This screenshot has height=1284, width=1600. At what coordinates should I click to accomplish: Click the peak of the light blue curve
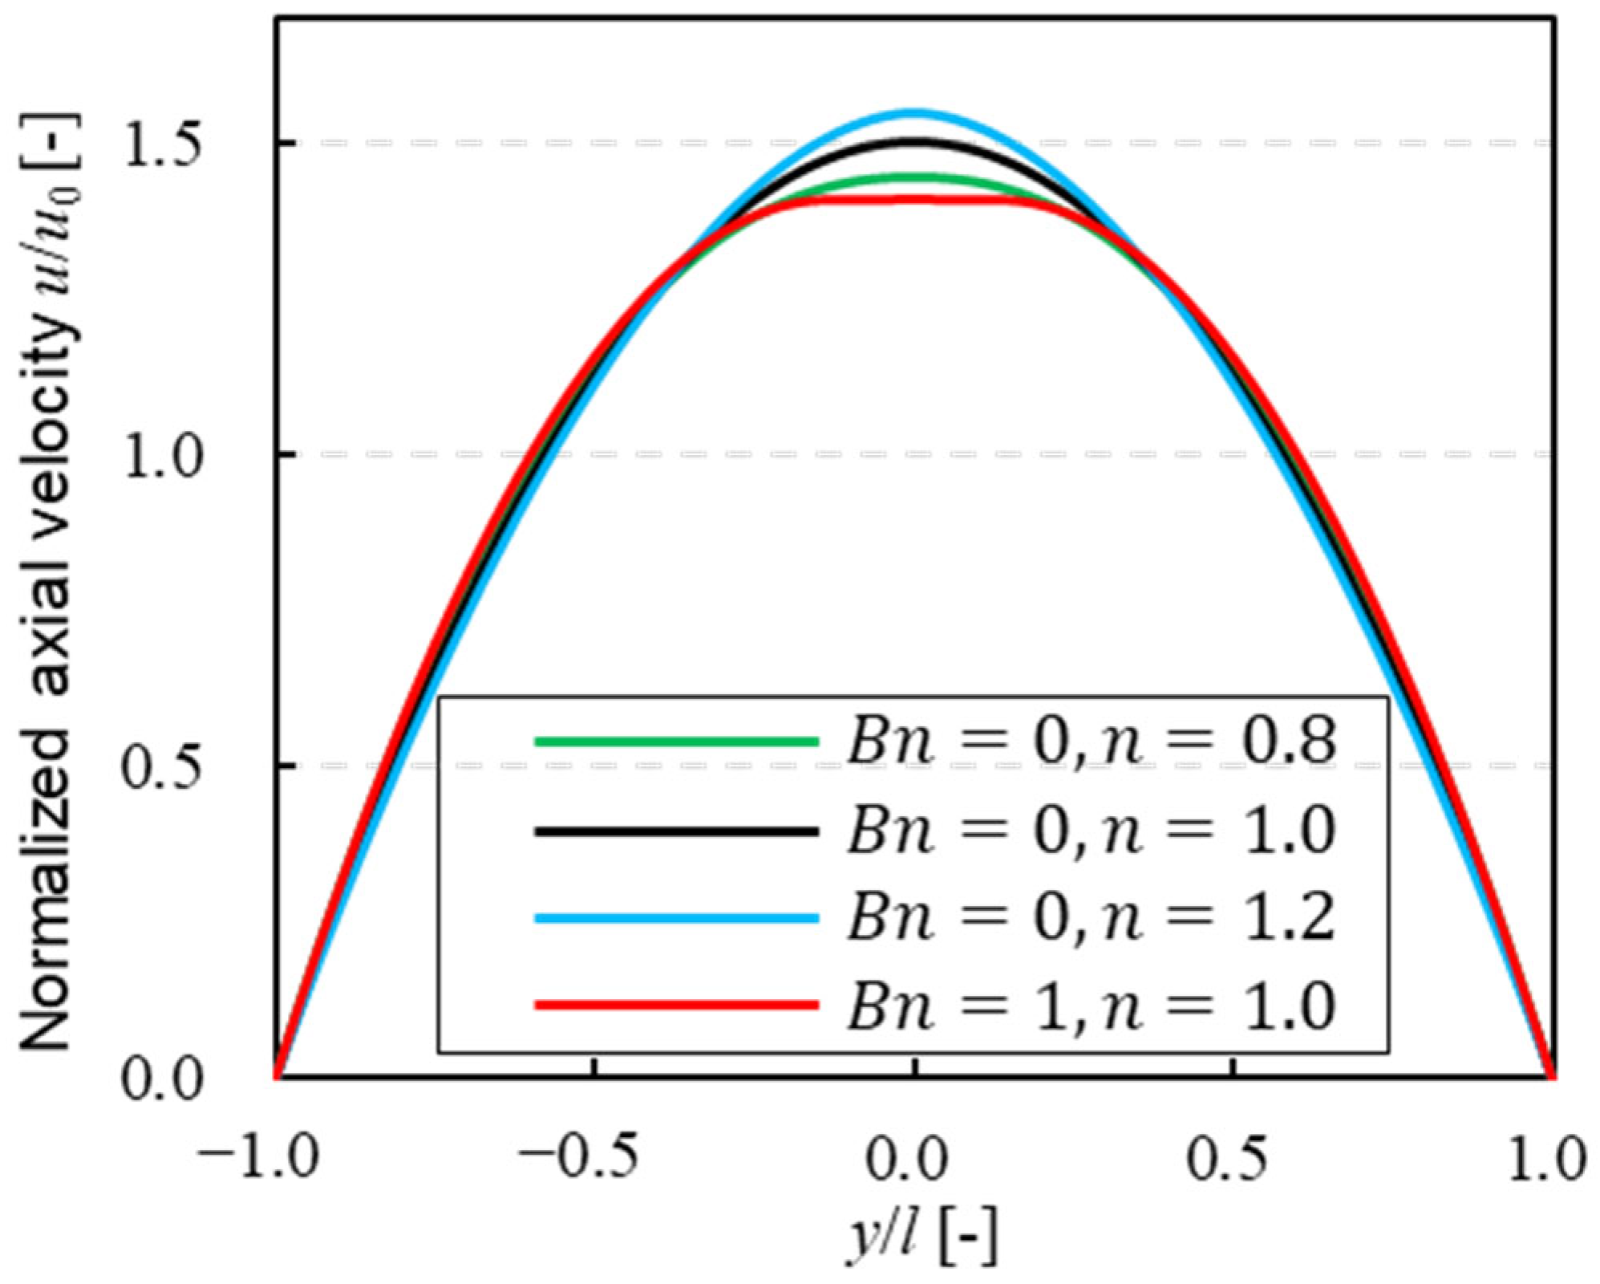(913, 112)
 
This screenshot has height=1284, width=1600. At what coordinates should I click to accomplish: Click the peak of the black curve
(913, 141)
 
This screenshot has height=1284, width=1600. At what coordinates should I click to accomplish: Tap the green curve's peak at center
(913, 177)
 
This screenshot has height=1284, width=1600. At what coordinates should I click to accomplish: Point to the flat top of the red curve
(913, 198)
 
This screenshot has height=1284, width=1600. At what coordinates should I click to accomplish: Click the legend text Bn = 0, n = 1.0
(1091, 830)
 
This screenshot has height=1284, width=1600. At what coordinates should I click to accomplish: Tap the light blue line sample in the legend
(676, 918)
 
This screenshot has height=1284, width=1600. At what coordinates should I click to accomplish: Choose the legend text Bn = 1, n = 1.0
(1091, 1006)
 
